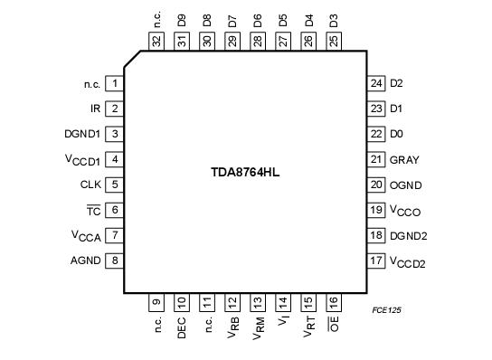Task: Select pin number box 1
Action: point(115,83)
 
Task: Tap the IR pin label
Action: point(95,109)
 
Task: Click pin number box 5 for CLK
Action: point(115,185)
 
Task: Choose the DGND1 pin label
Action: point(83,134)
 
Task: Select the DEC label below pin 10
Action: point(182,327)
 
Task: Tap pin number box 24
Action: point(376,83)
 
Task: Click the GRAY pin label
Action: point(404,159)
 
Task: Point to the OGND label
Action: point(406,185)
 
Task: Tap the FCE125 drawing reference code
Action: point(386,309)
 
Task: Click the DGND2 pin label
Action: point(409,235)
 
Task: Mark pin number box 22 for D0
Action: point(376,134)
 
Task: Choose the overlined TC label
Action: point(93,210)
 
